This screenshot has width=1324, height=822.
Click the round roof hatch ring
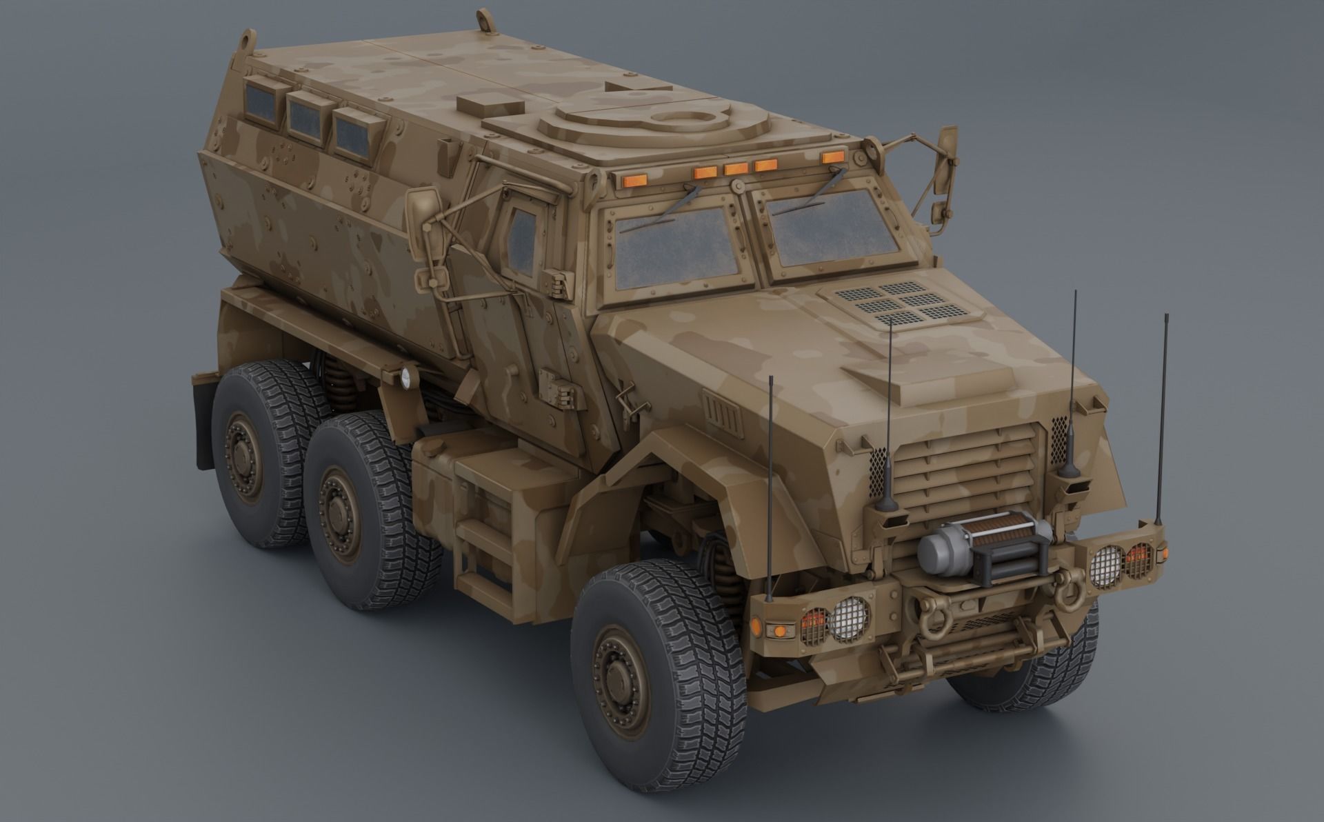682,121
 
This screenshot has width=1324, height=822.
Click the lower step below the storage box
483,579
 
